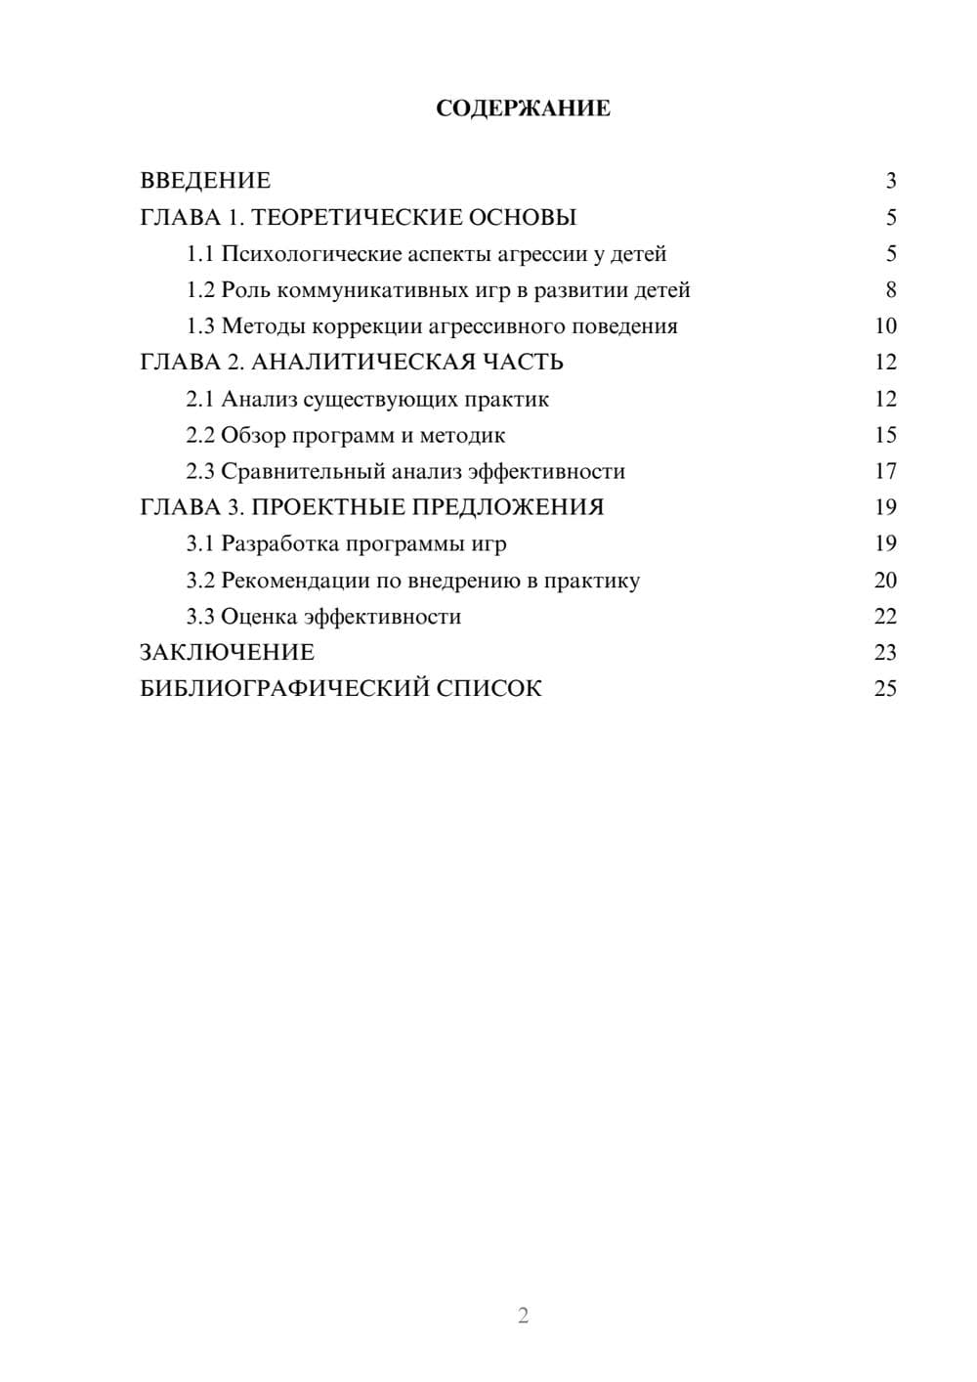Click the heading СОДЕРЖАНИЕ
[x=523, y=108]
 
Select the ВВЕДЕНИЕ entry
[x=205, y=181]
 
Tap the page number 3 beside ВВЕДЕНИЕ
[x=890, y=181]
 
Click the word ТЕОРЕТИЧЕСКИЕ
[x=351, y=217]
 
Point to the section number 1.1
[x=199, y=254]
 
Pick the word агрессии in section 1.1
[x=541, y=254]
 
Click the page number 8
[x=890, y=290]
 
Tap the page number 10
[x=885, y=326]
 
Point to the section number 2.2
[x=199, y=435]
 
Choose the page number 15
[x=885, y=435]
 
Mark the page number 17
[x=885, y=471]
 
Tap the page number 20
[x=885, y=581]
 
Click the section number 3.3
[x=199, y=617]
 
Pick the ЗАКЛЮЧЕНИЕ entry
[x=227, y=653]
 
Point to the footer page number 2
[x=523, y=1316]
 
